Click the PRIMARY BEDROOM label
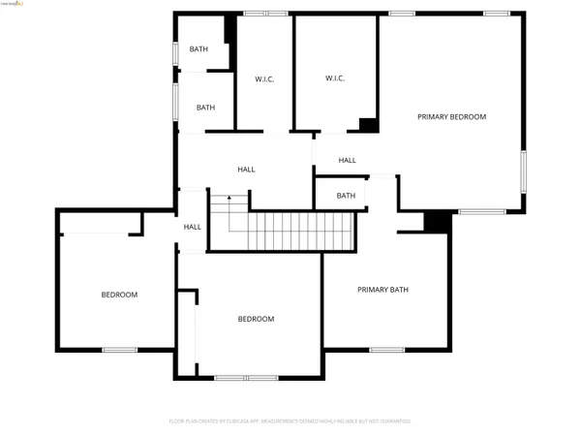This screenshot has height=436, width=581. click(451, 116)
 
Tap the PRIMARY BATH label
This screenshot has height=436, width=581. click(383, 289)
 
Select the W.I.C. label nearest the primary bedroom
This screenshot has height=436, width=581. click(335, 78)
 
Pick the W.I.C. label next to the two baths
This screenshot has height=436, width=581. click(264, 79)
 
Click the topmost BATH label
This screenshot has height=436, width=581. click(199, 49)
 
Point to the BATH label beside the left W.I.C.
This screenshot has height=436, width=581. click(205, 108)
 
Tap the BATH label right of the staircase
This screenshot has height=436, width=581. click(346, 196)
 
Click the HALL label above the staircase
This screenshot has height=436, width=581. click(246, 170)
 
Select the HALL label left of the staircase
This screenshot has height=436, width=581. click(193, 227)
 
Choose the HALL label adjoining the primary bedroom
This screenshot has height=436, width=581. click(348, 160)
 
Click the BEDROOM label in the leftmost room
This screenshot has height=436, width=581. click(120, 295)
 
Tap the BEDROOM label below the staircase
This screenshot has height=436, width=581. click(257, 319)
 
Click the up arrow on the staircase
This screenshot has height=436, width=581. click(229, 201)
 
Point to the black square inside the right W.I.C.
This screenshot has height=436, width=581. click(369, 124)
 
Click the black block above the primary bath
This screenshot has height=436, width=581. click(438, 222)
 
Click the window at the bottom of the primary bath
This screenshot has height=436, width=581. click(386, 349)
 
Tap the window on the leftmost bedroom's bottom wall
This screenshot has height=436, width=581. click(120, 349)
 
